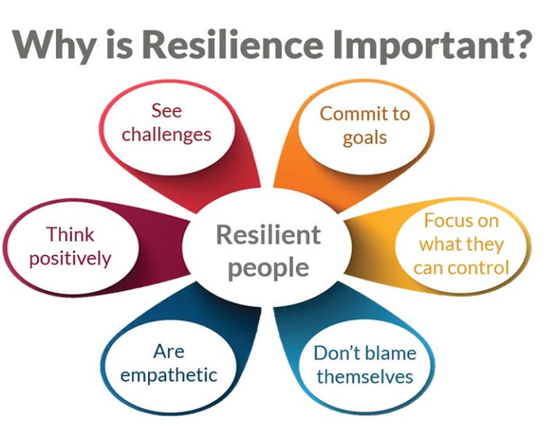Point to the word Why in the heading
55,46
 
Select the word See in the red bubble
167,110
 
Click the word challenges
167,135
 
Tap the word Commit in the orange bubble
350,114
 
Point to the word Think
70,234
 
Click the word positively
70,258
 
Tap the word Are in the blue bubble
169,351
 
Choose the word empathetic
169,375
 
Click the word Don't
337,353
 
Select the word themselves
366,377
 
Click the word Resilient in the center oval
268,234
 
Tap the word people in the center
268,268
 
